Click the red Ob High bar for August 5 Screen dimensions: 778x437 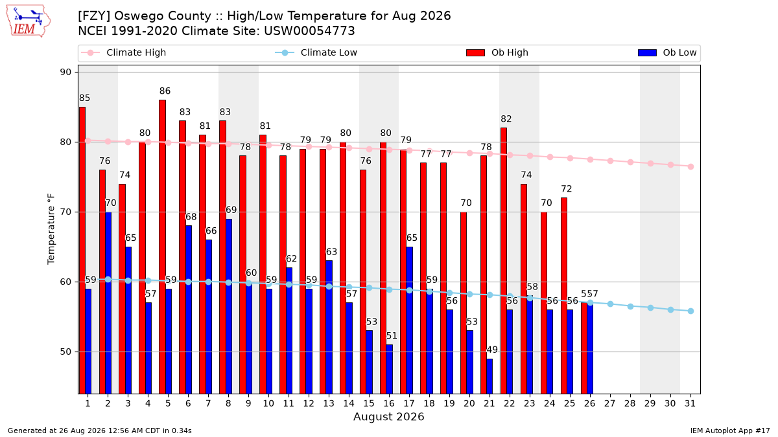162,247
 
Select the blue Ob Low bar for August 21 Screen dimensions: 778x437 489,376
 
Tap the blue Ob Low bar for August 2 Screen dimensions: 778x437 108,303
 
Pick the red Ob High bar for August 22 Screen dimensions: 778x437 504,261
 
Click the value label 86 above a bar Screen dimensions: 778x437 165,91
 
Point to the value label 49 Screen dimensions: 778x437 492,350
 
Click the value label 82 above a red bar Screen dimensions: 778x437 506,119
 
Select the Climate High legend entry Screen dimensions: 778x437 123,52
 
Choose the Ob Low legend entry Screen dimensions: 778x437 667,52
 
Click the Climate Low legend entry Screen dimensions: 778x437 316,52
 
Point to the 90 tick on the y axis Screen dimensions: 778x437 65,72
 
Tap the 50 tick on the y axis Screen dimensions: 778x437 65,352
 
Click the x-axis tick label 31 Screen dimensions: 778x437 690,403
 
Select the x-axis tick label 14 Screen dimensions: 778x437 349,403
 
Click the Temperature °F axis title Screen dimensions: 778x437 51,229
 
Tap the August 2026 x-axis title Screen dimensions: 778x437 388,416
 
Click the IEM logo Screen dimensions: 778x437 28,21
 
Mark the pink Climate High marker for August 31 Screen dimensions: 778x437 690,166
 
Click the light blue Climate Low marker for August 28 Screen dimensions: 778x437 630,307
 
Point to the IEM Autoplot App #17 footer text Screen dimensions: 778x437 730,431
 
